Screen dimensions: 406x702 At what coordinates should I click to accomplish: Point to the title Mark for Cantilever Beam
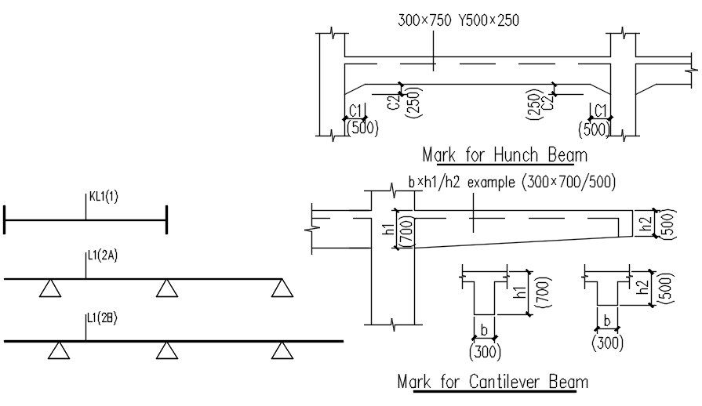click(x=493, y=382)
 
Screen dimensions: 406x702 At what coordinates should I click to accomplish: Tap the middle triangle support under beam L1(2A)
click(x=165, y=289)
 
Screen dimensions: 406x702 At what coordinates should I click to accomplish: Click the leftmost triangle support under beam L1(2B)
click(x=57, y=350)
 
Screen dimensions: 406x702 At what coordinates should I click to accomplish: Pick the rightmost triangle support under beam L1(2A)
click(x=282, y=289)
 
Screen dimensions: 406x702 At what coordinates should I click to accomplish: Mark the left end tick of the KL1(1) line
click(x=5, y=219)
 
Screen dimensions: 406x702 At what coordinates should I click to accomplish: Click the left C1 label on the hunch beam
click(x=355, y=111)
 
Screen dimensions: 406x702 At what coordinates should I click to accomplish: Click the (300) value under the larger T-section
click(x=485, y=350)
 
